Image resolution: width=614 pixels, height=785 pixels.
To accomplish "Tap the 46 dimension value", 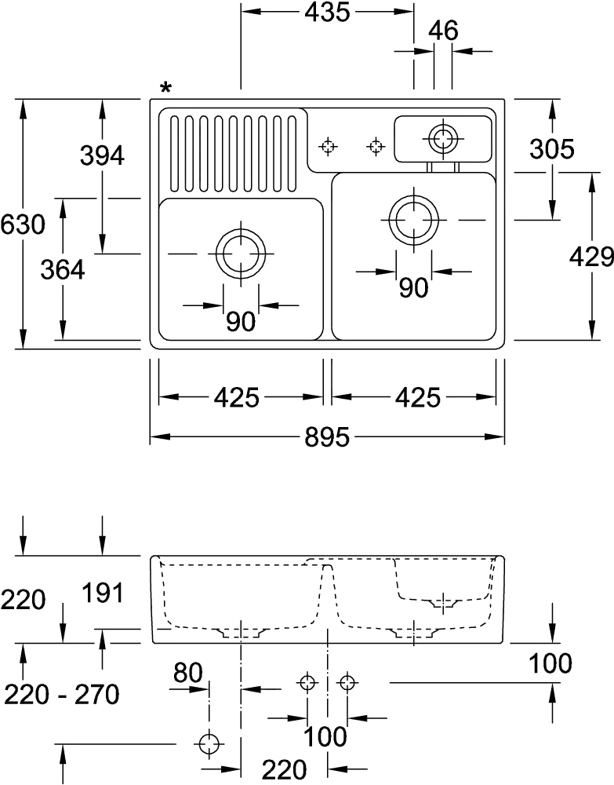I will (443, 31).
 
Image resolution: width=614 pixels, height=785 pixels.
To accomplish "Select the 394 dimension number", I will (102, 156).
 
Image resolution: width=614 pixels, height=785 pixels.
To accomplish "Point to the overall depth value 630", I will (21, 225).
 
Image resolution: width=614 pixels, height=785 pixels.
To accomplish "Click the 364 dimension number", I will (62, 269).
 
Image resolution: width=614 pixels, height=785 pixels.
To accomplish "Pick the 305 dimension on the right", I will (552, 148).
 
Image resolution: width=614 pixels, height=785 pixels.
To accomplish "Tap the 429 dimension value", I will (591, 257).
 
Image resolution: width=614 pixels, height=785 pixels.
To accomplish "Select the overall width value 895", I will (327, 437).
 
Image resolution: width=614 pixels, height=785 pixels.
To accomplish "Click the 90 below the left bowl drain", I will (241, 321).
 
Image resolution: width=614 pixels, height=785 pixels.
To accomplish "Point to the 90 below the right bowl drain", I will (413, 288).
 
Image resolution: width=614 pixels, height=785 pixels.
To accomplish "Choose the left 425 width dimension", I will (236, 397).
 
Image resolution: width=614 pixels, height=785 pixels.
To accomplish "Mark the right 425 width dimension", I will (416, 397).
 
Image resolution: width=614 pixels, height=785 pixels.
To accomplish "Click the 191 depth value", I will (104, 593).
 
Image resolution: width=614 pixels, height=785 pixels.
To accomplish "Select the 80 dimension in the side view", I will (188, 673).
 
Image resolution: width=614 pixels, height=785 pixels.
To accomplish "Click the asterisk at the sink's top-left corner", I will (165, 87).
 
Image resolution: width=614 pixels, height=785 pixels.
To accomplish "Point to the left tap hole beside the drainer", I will (328, 146).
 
